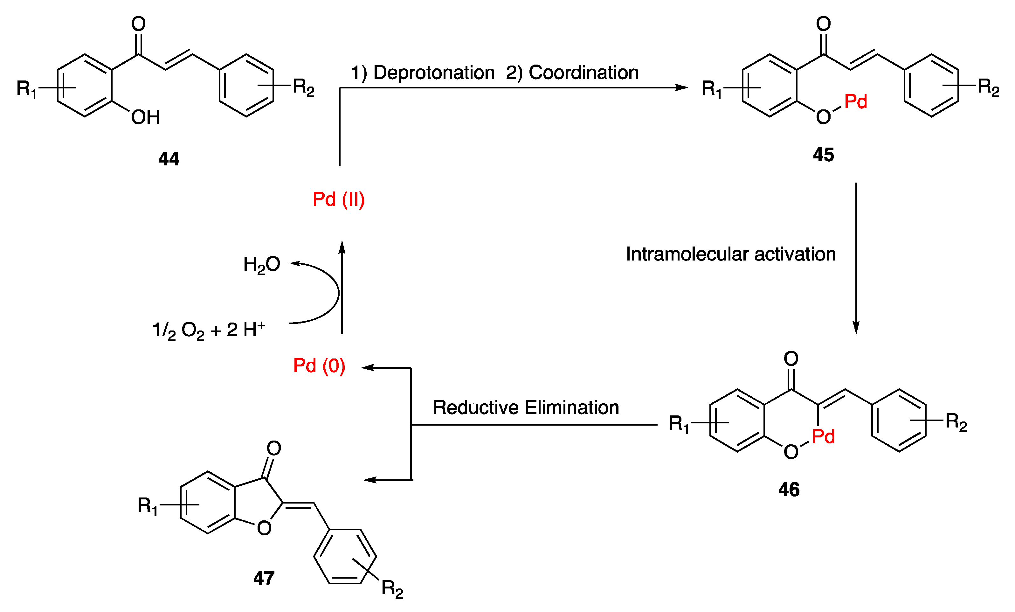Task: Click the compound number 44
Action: point(169,159)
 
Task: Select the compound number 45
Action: point(823,155)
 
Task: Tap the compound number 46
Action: point(789,490)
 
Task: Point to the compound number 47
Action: point(264,578)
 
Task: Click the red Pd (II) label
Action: point(338,199)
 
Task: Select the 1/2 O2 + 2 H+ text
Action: point(209,330)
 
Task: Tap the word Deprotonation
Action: point(433,73)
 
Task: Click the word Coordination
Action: point(583,73)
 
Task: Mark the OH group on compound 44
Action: point(145,117)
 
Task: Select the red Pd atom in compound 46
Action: point(823,436)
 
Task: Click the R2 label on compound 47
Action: point(392,588)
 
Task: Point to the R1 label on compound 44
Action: point(26,89)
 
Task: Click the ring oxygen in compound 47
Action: point(264,528)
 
